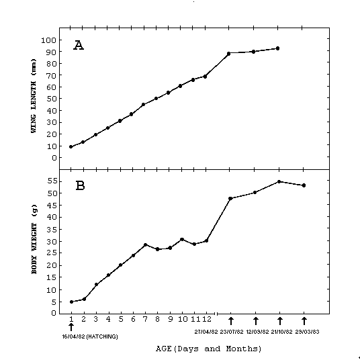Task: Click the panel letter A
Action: pyautogui.click(x=79, y=45)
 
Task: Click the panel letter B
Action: pyautogui.click(x=80, y=185)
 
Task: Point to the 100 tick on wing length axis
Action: pyautogui.click(x=49, y=40)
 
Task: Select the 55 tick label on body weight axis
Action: pyautogui.click(x=52, y=181)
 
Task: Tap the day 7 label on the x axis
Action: pyautogui.click(x=145, y=319)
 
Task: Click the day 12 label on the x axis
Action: pyautogui.click(x=207, y=319)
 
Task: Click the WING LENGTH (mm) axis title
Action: pyautogui.click(x=34, y=96)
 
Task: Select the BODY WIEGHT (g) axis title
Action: pyautogui.click(x=34, y=239)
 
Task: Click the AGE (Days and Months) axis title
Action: pyautogui.click(x=209, y=349)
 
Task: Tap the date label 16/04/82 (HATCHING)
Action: pyautogui.click(x=90, y=336)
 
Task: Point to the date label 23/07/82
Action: pyautogui.click(x=232, y=332)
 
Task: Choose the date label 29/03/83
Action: pyautogui.click(x=307, y=332)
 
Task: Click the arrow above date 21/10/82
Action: pyautogui.click(x=280, y=321)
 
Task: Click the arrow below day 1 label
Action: pyautogui.click(x=71, y=327)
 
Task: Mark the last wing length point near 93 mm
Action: pyautogui.click(x=277, y=48)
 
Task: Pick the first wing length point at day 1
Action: pyautogui.click(x=71, y=147)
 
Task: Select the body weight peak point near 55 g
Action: pyautogui.click(x=279, y=182)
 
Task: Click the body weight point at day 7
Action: pyautogui.click(x=146, y=244)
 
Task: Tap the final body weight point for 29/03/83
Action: pyautogui.click(x=304, y=185)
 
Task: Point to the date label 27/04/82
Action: pyautogui.click(x=206, y=332)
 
